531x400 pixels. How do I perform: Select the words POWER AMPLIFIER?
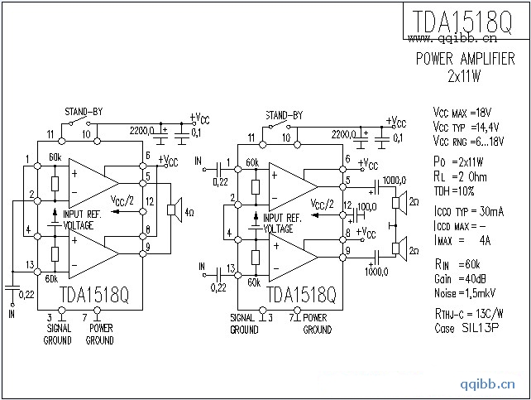click(464, 60)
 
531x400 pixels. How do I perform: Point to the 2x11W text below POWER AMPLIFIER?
click(464, 75)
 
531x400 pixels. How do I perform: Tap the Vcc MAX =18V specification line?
click(462, 112)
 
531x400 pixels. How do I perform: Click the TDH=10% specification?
click(456, 190)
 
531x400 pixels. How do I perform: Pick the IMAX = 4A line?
click(462, 240)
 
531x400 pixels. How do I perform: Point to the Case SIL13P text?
click(461, 328)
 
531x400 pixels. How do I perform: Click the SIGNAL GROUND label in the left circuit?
click(57, 334)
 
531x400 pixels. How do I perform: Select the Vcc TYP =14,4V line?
click(466, 127)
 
